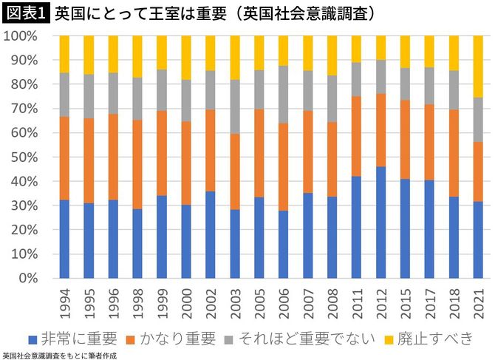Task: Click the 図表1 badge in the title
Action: tap(26, 13)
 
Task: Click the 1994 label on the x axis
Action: tap(64, 303)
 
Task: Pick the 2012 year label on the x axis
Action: tap(381, 303)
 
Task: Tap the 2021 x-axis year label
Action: tap(479, 303)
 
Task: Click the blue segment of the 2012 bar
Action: tap(381, 223)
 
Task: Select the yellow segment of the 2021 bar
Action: tap(479, 67)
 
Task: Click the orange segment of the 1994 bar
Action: tap(64, 158)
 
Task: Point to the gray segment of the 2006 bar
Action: tap(284, 94)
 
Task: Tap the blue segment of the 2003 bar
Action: tap(235, 244)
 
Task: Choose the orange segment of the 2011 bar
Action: tap(357, 136)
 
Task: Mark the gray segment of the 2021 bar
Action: tap(479, 119)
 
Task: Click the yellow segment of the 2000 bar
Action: tap(186, 57)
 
